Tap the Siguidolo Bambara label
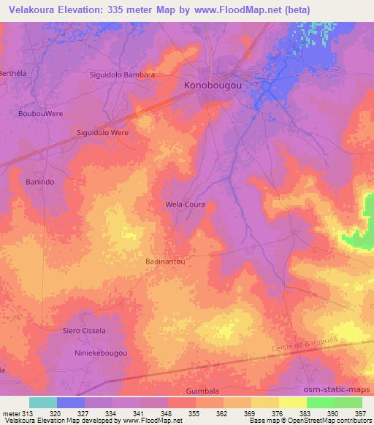(122, 74)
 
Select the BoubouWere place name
(40, 114)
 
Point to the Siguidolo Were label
(102, 133)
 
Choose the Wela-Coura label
(184, 204)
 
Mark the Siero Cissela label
(84, 331)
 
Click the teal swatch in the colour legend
(43, 402)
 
